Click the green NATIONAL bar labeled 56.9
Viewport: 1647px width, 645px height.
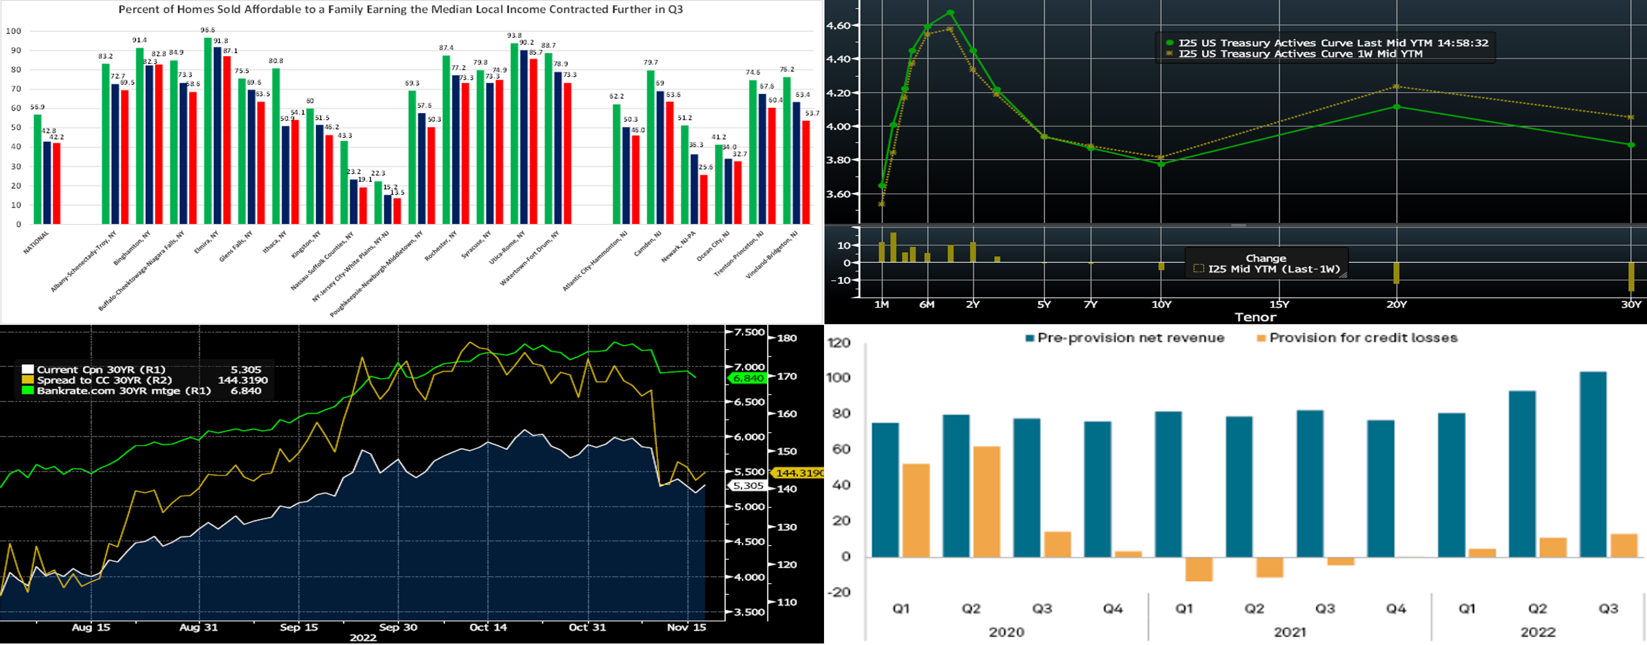(x=37, y=169)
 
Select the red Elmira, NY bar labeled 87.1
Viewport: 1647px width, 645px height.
(x=227, y=140)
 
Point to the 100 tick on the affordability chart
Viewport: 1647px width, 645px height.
(x=14, y=31)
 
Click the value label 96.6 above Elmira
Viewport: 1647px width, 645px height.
(x=207, y=30)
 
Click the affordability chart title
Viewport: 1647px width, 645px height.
(x=400, y=9)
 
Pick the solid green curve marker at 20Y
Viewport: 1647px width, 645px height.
(x=1396, y=107)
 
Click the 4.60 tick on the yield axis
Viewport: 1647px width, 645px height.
(x=838, y=26)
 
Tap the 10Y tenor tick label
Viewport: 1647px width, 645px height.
(x=1161, y=305)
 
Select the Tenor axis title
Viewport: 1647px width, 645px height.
(x=1255, y=317)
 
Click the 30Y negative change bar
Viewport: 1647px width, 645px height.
(x=1631, y=276)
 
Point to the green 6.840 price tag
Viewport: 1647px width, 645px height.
(x=748, y=378)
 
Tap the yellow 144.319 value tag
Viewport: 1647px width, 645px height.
(x=798, y=473)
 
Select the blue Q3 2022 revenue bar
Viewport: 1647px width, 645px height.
(x=1592, y=464)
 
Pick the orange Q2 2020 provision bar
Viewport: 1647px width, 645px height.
(x=987, y=501)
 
